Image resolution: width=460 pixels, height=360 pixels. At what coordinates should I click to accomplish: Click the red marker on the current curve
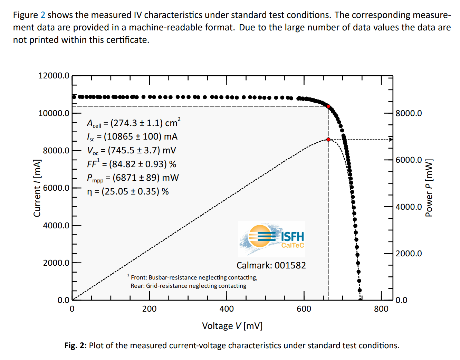coord(328,106)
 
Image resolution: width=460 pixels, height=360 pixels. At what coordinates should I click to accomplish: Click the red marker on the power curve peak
coord(328,140)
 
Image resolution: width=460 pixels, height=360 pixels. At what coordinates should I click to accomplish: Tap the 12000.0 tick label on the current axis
coord(54,76)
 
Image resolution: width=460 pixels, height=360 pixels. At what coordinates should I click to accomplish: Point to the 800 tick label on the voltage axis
coord(381,309)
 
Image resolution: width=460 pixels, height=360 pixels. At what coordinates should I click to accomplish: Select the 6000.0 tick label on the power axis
coord(409,160)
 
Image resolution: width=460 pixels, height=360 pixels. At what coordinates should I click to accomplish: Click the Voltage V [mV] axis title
coord(232,326)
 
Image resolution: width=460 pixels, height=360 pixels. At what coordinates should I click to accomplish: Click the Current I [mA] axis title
coord(37,188)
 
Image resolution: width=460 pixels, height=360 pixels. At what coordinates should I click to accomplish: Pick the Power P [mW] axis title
coord(429,188)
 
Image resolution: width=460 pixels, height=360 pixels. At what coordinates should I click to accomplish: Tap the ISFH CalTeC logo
coord(272,238)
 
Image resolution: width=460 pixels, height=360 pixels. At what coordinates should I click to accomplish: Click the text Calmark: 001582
coord(271,265)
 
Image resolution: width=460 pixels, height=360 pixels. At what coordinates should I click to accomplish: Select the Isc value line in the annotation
coord(132,137)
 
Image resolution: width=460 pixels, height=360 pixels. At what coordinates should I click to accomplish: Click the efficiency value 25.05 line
coord(128,191)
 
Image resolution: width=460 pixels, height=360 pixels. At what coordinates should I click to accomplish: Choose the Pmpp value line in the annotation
coord(133,178)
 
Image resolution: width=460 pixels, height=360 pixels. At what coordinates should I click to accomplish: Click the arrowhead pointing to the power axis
coord(391,140)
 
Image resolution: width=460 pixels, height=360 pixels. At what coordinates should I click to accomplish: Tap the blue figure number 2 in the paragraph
coord(43,15)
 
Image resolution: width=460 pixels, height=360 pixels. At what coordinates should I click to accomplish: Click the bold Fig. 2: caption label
coord(75,345)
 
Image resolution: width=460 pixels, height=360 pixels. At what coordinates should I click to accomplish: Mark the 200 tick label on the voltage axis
coord(149,309)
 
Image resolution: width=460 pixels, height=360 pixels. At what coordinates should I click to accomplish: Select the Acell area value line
coord(134,123)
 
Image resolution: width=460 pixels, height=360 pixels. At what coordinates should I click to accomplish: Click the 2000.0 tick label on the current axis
coord(56,263)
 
